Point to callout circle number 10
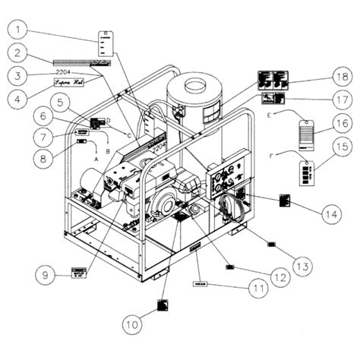coord(133,324)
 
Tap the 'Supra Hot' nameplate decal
coord(68,81)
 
